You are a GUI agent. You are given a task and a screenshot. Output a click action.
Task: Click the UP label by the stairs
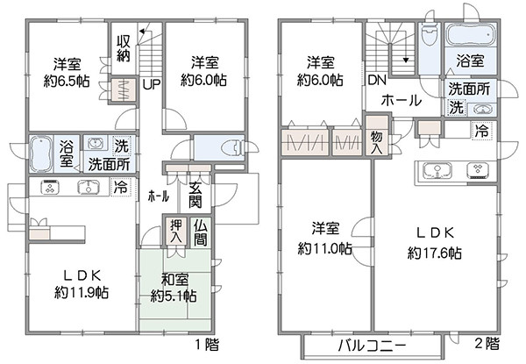coord(152,84)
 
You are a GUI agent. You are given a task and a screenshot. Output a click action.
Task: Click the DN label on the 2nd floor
coord(377,80)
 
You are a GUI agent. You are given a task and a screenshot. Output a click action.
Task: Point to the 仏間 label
coord(200,233)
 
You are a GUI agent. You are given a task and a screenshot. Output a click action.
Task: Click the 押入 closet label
coord(176,232)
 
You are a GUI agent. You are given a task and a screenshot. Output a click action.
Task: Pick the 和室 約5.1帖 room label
coord(174,288)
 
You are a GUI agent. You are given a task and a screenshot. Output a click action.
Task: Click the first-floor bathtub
coord(41,154)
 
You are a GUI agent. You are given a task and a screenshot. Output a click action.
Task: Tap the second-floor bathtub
coord(470,34)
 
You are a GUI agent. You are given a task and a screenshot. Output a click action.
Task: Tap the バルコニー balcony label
coord(372,346)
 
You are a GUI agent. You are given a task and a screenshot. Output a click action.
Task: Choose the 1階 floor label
coord(207,345)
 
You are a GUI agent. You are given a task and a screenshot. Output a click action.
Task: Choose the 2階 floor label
coord(487,343)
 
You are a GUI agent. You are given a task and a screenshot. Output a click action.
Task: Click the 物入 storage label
coord(377,143)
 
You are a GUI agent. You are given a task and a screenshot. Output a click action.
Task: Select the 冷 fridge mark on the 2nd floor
coord(483,131)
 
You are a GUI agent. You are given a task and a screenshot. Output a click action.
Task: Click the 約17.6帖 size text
coord(435,253)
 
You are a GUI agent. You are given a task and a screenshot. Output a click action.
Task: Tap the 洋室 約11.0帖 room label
coord(325,239)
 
